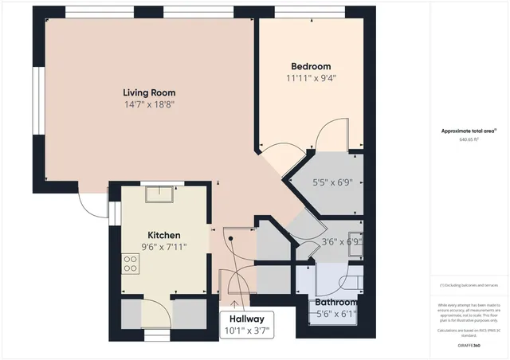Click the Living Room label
point(149,91)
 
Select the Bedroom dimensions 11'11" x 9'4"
point(310,78)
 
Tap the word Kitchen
point(163,235)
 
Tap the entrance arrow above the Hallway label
point(234,301)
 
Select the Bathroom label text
point(335,303)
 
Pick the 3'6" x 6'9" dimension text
point(341,241)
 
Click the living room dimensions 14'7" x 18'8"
point(149,104)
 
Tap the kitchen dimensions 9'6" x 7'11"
point(163,247)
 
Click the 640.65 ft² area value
point(471,139)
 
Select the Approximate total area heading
point(469,130)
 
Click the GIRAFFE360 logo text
point(470,345)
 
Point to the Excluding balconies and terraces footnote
point(470,285)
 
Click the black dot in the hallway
point(229,238)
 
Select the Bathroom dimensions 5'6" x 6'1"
point(335,314)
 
